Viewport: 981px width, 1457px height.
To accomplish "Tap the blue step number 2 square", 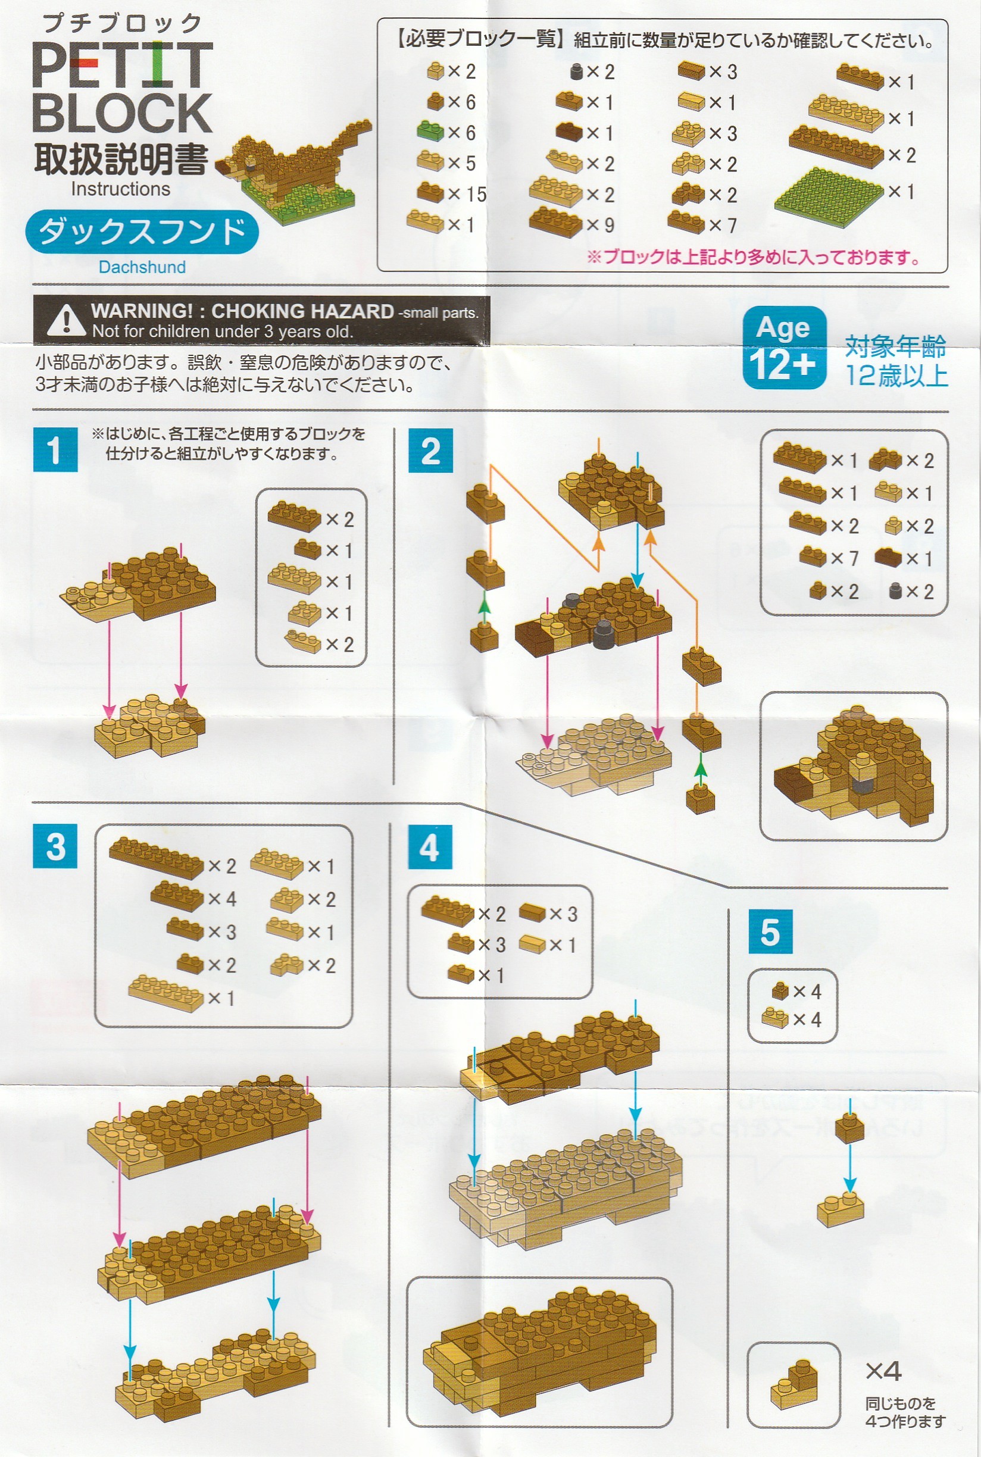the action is pyautogui.click(x=430, y=451).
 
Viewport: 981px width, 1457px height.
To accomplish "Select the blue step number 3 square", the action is pyautogui.click(x=55, y=846).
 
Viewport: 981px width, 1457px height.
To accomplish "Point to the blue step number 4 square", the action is pyautogui.click(x=430, y=846).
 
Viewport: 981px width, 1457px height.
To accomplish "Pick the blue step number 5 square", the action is pyautogui.click(x=770, y=931).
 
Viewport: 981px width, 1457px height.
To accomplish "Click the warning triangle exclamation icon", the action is pyautogui.click(x=65, y=320).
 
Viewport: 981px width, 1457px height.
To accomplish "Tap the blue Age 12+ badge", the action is pyautogui.click(x=785, y=348).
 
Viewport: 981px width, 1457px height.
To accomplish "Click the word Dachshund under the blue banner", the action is pyautogui.click(x=142, y=267).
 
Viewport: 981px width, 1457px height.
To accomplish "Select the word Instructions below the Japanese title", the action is pyautogui.click(x=120, y=189).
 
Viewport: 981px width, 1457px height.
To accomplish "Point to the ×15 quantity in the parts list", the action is pyautogui.click(x=467, y=194).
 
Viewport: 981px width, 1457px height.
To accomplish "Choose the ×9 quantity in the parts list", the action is pyautogui.click(x=600, y=224).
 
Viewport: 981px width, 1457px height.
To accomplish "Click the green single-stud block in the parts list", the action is pyautogui.click(x=430, y=131).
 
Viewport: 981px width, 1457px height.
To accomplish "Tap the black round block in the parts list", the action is pyautogui.click(x=577, y=71).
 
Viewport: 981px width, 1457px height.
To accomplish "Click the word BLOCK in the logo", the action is pyautogui.click(x=122, y=113).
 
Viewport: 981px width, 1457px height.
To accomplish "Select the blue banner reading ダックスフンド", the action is pyautogui.click(x=142, y=232).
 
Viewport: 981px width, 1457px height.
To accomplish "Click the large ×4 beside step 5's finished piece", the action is pyautogui.click(x=883, y=1371).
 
